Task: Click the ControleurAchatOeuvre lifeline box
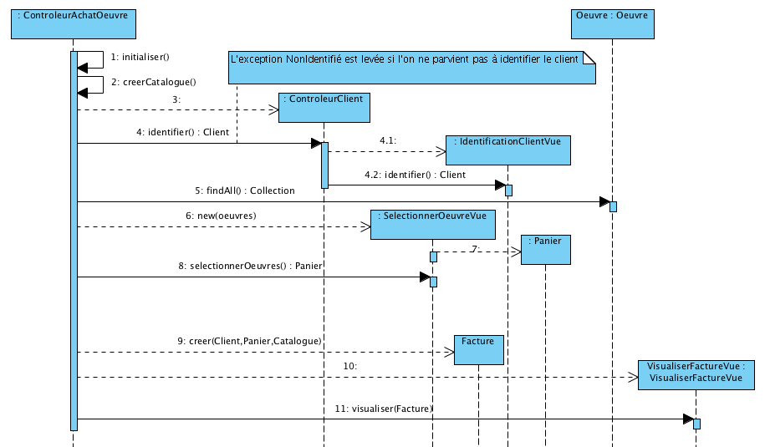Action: pos(73,23)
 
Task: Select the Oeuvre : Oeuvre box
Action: pos(612,23)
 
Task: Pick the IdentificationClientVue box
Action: pos(507,150)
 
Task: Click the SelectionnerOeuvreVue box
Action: pos(433,224)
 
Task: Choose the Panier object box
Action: pos(545,249)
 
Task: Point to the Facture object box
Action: pos(479,349)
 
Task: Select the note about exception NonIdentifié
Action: pos(413,68)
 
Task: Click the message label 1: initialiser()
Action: pos(140,57)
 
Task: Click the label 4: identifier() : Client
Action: pos(182,132)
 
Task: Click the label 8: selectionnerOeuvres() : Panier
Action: pos(250,266)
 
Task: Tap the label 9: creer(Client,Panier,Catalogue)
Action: pos(249,341)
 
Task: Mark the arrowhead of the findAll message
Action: pos(604,202)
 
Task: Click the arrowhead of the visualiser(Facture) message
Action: pos(687,419)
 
